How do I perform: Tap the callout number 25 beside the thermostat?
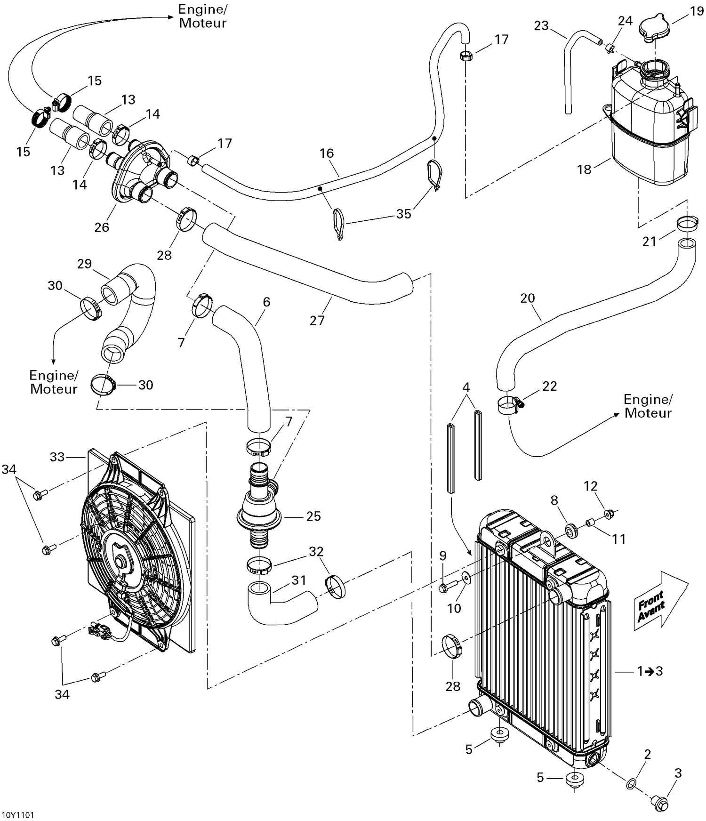point(313,516)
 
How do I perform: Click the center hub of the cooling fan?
point(121,562)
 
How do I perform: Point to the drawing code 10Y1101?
point(18,815)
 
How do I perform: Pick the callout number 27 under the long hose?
point(317,321)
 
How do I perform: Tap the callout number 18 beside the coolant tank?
point(584,169)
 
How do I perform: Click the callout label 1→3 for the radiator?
point(650,671)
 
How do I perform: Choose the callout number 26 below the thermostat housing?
point(102,227)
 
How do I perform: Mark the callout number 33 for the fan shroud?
point(57,457)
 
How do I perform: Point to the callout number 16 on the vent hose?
point(327,153)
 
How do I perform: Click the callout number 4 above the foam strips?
point(466,387)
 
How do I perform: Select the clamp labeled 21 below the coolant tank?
point(689,223)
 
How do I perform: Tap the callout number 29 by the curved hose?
point(84,264)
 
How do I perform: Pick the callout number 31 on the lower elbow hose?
point(299,580)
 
